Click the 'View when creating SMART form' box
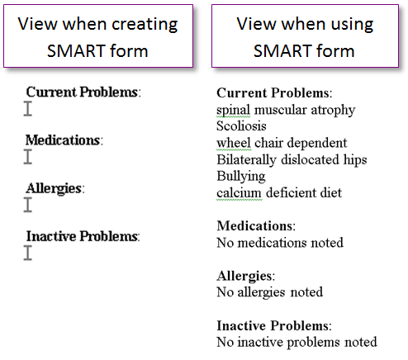98,36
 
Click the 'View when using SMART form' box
305,36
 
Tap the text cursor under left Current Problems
28,109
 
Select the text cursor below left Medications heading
28,157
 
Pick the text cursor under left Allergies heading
28,205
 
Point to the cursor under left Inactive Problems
28,253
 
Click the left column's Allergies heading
55,189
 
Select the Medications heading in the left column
64,140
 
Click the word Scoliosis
241,126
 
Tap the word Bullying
241,177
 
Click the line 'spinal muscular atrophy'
286,110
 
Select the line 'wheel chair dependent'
282,143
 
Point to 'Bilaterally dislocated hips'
292,160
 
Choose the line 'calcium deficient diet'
279,192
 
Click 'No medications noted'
280,243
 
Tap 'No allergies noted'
270,292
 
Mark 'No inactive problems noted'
297,343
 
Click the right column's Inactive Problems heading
274,326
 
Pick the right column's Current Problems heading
274,93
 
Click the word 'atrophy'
333,111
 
